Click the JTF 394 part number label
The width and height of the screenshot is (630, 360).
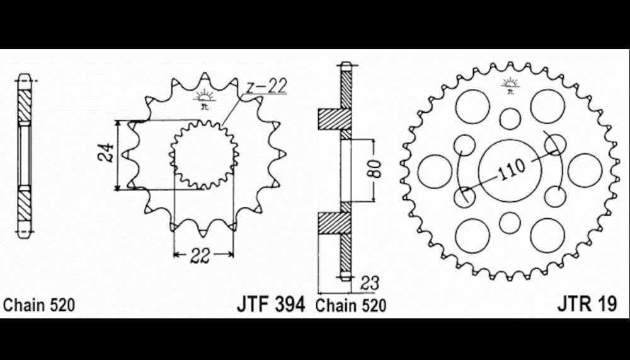(x=271, y=305)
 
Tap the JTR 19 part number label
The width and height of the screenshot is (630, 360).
(x=587, y=304)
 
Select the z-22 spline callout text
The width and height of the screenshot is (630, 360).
(x=266, y=86)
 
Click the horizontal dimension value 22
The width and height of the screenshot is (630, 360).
(x=200, y=255)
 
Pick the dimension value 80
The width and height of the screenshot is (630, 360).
(x=374, y=169)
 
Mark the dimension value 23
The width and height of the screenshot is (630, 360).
(x=369, y=283)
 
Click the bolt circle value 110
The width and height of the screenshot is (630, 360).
(x=511, y=169)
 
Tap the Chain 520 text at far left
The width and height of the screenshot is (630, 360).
(x=39, y=305)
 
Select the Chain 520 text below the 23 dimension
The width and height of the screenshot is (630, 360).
(x=351, y=305)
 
